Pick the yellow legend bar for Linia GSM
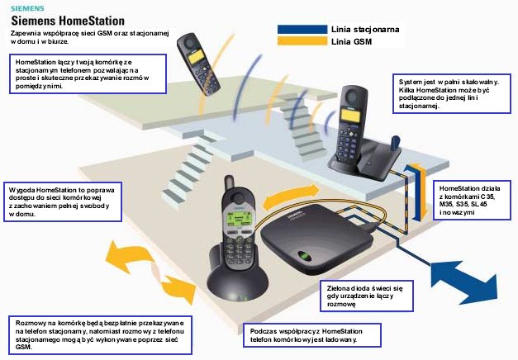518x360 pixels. tap(293, 40)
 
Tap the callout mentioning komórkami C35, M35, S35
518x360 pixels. tap(474, 200)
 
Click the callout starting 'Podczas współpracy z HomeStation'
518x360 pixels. tap(313, 334)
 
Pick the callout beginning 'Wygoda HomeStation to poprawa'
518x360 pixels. tap(61, 202)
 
